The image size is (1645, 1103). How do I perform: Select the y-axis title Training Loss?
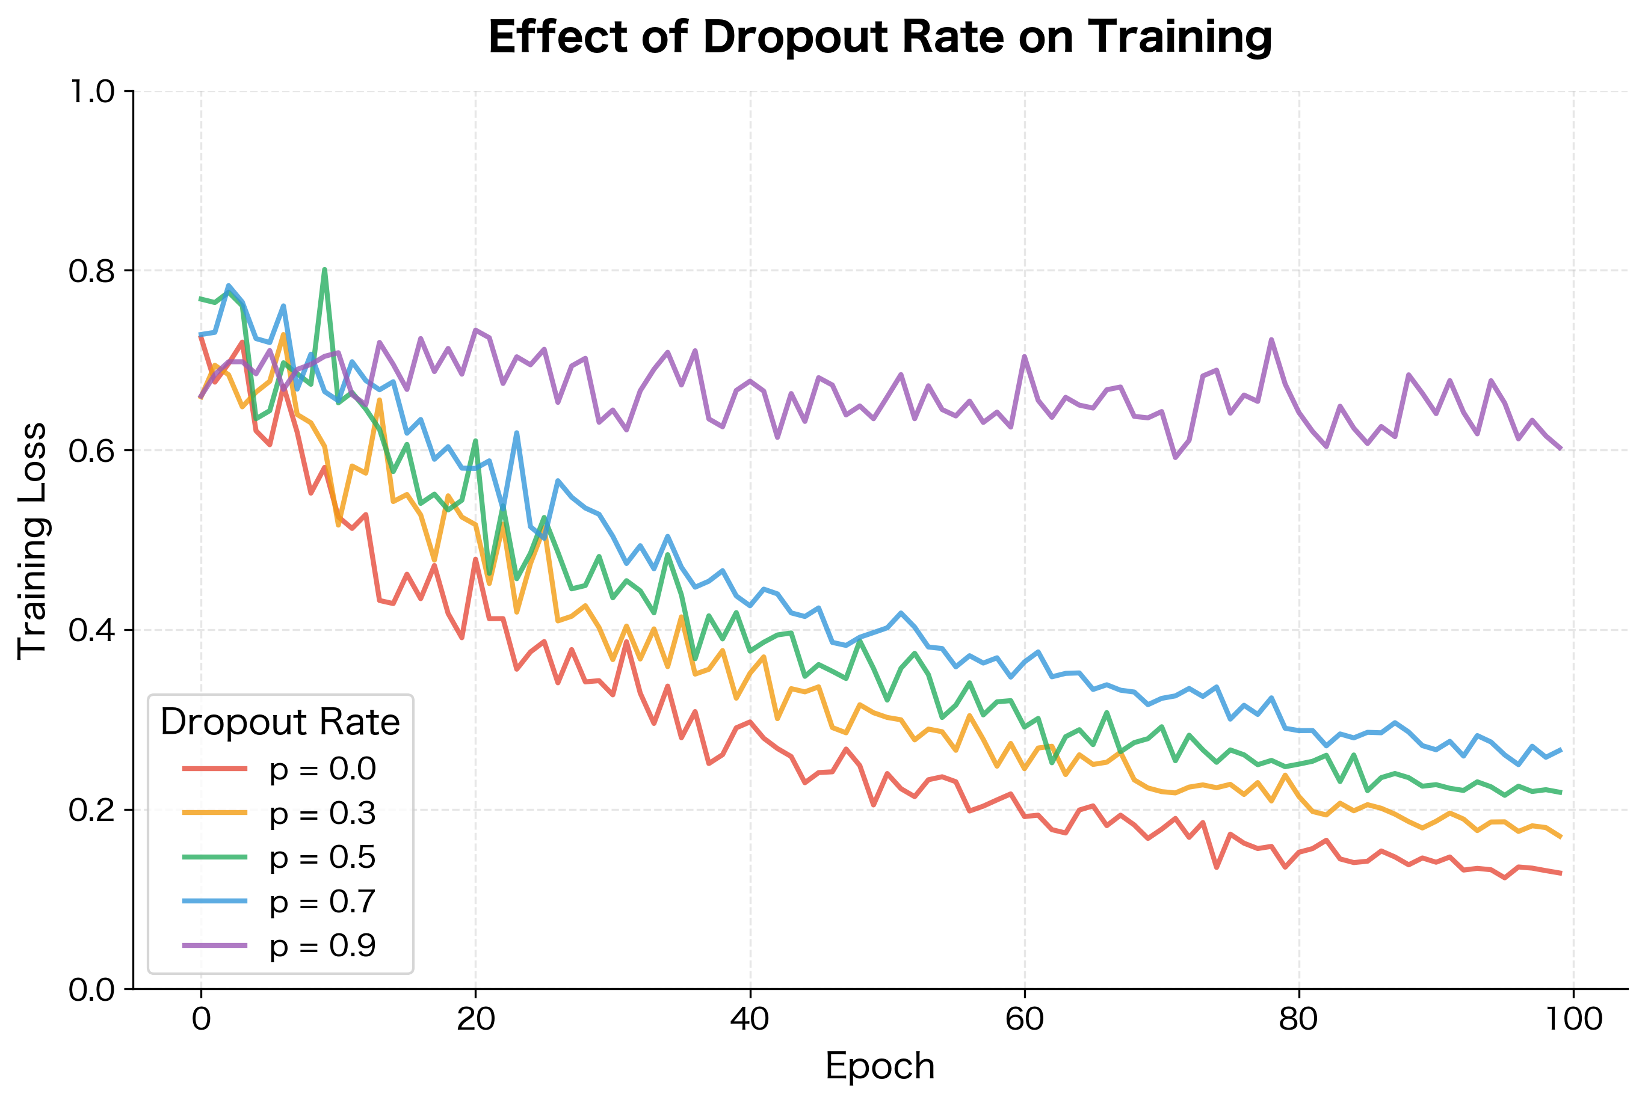[32, 540]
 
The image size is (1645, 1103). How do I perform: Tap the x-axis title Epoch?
[880, 1066]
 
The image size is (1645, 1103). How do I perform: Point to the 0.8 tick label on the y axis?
[91, 271]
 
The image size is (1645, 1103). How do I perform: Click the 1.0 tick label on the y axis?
[91, 91]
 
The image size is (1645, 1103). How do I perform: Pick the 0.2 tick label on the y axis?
[91, 810]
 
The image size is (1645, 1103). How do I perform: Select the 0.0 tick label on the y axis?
[91, 990]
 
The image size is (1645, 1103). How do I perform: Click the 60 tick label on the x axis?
[1025, 1019]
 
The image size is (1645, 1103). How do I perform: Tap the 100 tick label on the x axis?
[1573, 1019]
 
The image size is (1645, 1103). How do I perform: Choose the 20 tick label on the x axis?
[475, 1019]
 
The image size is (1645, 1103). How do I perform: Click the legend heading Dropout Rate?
[280, 722]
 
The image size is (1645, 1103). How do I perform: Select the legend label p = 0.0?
[323, 769]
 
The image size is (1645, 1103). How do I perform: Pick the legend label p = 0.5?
[323, 857]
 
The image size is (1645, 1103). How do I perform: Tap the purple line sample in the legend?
[215, 945]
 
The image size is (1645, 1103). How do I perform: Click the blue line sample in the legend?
[215, 901]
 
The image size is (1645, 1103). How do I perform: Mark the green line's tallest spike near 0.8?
[324, 270]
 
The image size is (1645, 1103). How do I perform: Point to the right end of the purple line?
[1560, 448]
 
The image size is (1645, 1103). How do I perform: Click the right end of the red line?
[1560, 873]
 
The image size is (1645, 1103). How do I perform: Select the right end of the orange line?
[1560, 837]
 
